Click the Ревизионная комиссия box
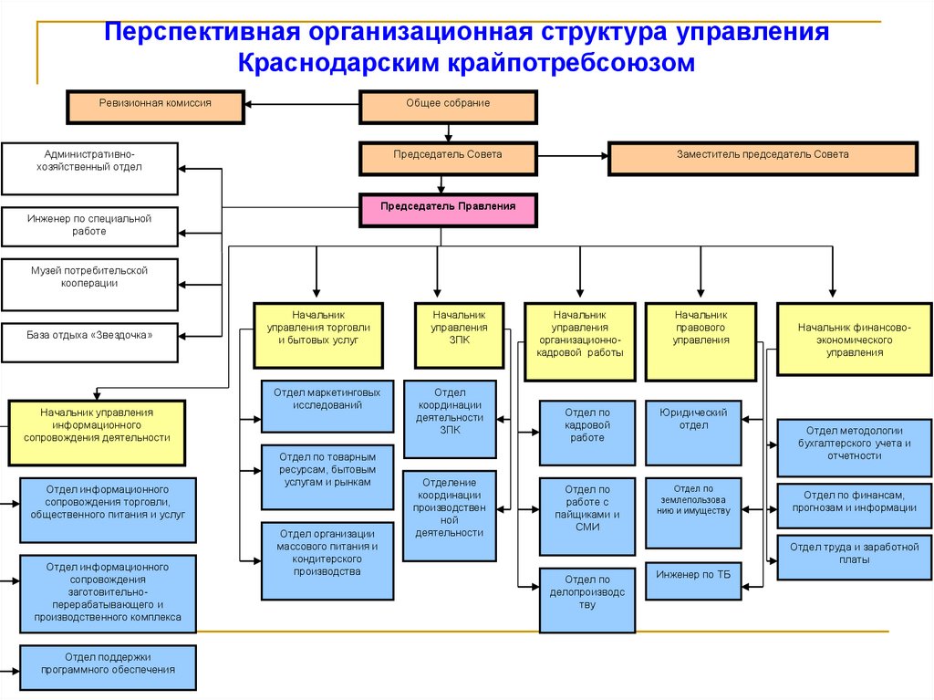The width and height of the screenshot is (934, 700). tap(155, 106)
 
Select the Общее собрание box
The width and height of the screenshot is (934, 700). tap(448, 106)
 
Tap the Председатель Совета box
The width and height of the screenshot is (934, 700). tap(448, 158)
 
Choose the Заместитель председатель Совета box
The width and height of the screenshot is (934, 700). tap(762, 158)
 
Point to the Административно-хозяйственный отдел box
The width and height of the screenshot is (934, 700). tap(89, 168)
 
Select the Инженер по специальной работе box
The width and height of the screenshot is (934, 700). tap(89, 227)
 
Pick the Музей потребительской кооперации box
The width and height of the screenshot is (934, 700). tap(89, 285)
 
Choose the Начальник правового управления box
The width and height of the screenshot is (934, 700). tap(700, 340)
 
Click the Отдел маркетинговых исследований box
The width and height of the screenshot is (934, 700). tap(327, 405)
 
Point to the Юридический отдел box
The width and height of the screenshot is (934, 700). tap(693, 433)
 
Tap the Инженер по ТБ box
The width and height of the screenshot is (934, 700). tap(693, 580)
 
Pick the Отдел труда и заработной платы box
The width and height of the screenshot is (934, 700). tap(854, 558)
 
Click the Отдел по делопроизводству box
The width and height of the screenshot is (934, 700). tap(587, 600)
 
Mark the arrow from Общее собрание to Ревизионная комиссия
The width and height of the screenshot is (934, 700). tap(302, 106)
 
